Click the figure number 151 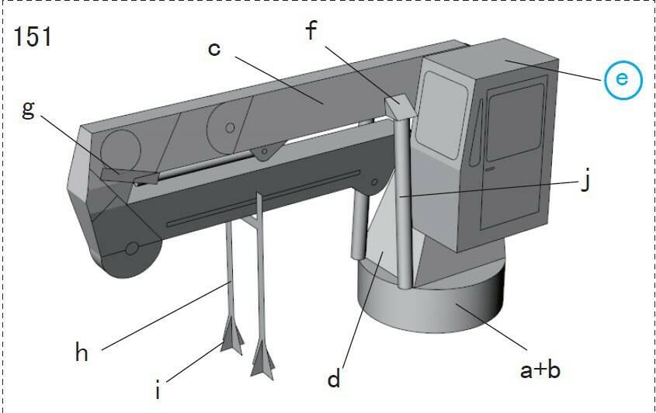pyautogui.click(x=33, y=36)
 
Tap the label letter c pyautogui.click(x=213, y=49)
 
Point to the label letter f pyautogui.click(x=311, y=30)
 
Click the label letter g pyautogui.click(x=28, y=110)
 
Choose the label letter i pyautogui.click(x=158, y=390)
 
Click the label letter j pyautogui.click(x=586, y=181)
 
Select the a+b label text pyautogui.click(x=540, y=369)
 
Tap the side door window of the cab pyautogui.click(x=516, y=122)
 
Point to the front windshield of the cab pyautogui.click(x=443, y=114)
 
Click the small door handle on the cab pyautogui.click(x=491, y=168)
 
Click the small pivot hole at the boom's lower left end pyautogui.click(x=132, y=248)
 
